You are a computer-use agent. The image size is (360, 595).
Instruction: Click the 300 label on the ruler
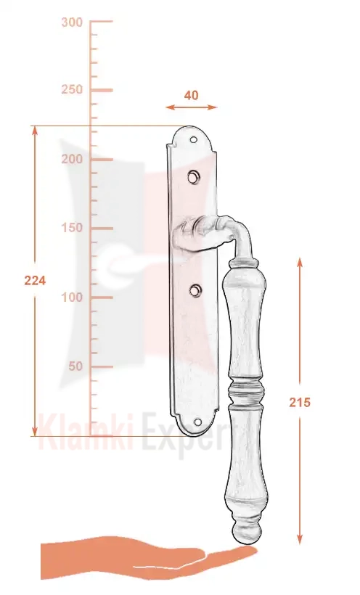tap(72, 22)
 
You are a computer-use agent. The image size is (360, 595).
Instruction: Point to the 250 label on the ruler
tap(72, 89)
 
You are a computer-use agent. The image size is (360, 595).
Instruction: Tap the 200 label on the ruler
tap(72, 159)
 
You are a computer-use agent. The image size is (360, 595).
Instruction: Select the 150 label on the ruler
tap(72, 228)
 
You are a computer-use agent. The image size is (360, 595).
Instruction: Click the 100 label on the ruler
tap(72, 297)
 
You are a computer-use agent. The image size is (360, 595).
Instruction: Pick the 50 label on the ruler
tap(75, 366)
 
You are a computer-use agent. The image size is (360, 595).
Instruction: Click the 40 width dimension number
tap(191, 95)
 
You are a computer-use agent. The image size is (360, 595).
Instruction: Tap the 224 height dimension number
tap(35, 281)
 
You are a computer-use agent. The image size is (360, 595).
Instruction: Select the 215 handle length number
tap(300, 402)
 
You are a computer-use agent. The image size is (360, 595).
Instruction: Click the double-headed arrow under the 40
tap(191, 107)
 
